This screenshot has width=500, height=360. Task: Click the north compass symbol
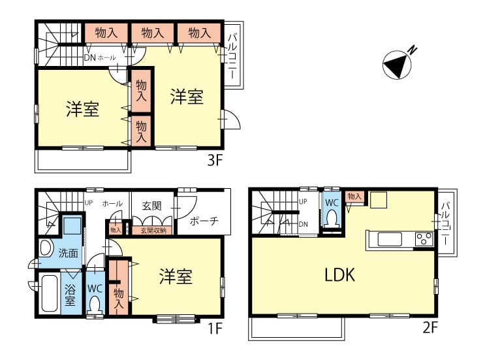(397, 65)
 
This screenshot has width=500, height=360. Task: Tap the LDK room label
(339, 275)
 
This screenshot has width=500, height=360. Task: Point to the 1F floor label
(215, 328)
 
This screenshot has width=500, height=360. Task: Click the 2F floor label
(430, 327)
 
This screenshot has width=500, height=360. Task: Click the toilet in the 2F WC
(332, 219)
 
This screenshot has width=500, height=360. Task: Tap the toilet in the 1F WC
(95, 305)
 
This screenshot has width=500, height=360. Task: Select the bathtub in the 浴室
(50, 293)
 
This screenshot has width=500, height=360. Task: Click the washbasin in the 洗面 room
(46, 248)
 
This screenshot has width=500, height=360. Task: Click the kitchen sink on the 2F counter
(390, 239)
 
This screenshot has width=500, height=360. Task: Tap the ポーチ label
(204, 221)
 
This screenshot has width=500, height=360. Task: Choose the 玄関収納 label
(153, 231)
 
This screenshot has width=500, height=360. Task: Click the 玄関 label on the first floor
(152, 206)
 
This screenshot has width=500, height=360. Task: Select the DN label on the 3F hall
(89, 57)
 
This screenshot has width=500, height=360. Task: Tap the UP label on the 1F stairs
(89, 203)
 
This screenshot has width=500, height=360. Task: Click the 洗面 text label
(69, 253)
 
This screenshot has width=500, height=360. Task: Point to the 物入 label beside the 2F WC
(354, 196)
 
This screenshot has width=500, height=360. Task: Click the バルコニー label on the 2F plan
(445, 223)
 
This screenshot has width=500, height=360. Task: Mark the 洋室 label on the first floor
(176, 276)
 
